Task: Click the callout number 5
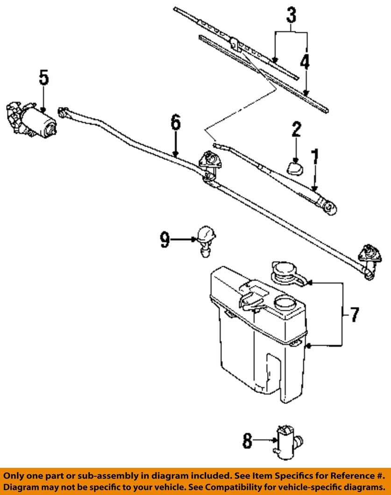point(44,78)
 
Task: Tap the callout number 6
point(176,122)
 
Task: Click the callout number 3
point(291,15)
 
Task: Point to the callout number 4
point(305,62)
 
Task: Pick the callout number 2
point(296,130)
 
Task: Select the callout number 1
point(315,157)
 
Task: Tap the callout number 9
point(165,240)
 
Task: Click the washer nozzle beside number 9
point(206,241)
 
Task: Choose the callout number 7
point(355,314)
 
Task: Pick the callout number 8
point(247,441)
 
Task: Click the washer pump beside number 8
point(289,441)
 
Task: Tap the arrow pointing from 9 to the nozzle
point(184,240)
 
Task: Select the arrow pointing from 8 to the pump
point(264,440)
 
